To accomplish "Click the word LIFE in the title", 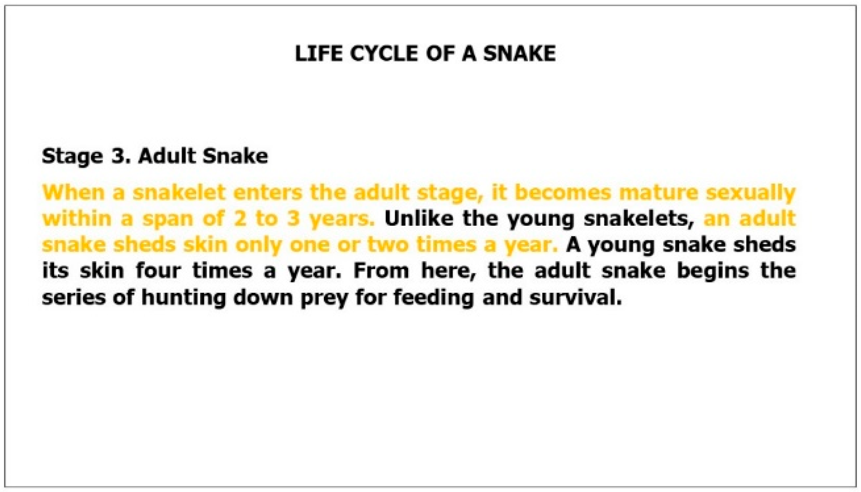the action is pyautogui.click(x=319, y=54).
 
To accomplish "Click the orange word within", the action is pyautogui.click(x=77, y=218).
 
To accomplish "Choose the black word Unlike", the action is pyautogui.click(x=419, y=218).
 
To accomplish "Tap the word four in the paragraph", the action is pyautogui.click(x=158, y=271).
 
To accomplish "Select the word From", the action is pyautogui.click(x=381, y=271).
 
